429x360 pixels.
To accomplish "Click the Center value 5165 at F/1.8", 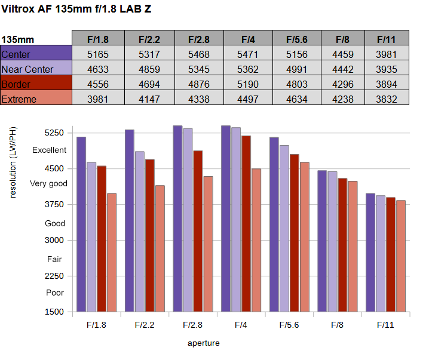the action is [x=98, y=54].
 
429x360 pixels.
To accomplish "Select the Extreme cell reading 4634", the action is [x=297, y=99].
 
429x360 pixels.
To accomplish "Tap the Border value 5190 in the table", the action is [x=248, y=84].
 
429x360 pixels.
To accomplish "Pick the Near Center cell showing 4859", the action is [x=149, y=69].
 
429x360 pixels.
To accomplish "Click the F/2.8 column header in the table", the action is [x=199, y=39].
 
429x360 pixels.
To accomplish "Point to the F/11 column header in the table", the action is [x=387, y=39].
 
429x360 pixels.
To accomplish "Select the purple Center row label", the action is [x=36, y=53].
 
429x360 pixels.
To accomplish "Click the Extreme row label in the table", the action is [x=36, y=97].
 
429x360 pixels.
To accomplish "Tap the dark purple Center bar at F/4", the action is [x=226, y=219].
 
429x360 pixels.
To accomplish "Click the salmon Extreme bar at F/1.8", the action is [x=112, y=253].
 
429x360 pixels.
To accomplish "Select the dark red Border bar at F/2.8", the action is [x=198, y=231].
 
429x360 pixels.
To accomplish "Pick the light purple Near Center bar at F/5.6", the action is [x=284, y=229].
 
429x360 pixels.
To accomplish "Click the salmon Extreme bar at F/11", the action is [x=401, y=256].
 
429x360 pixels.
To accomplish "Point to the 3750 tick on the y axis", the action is [x=54, y=204].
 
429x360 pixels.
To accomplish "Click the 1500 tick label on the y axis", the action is [x=54, y=312].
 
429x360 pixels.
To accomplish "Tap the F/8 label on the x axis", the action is [x=337, y=325].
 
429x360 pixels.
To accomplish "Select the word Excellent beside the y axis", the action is [x=49, y=150].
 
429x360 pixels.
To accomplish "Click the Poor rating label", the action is [x=55, y=293].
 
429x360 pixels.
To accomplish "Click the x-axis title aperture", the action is [x=204, y=343].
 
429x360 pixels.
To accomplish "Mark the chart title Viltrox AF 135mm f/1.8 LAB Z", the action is [x=76, y=9].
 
